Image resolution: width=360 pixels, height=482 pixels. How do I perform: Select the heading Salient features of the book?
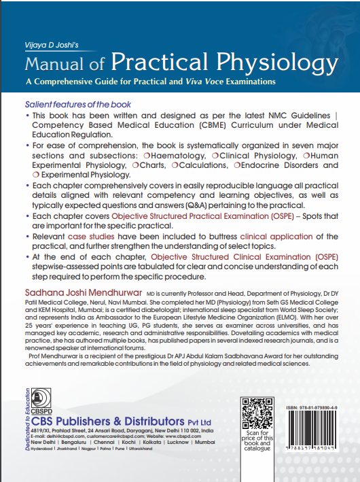[78, 105]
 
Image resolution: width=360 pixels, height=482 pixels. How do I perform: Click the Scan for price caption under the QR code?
[258, 444]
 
